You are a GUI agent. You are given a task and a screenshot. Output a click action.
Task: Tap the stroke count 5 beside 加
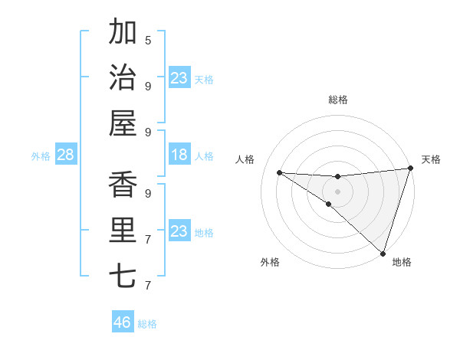coord(148,40)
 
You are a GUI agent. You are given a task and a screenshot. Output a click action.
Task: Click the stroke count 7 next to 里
coord(148,240)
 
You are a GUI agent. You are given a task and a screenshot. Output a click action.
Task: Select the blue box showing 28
coord(66,155)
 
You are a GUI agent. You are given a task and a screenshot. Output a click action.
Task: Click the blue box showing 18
coord(179,155)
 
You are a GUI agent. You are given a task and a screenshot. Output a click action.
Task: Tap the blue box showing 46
coord(123,322)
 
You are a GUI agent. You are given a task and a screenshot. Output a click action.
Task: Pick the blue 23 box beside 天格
coord(179,78)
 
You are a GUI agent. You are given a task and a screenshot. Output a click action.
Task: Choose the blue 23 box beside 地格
coord(179,231)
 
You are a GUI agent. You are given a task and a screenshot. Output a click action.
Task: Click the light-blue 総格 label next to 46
coord(147,324)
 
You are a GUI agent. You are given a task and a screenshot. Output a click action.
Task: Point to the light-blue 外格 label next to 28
coord(41,156)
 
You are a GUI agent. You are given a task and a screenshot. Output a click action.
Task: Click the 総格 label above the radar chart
coord(337,100)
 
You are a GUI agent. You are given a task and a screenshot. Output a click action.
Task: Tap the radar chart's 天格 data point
coord(410,169)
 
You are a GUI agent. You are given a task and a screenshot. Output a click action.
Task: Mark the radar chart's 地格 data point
coord(383,253)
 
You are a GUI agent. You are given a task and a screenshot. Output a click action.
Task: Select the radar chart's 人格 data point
coord(279,172)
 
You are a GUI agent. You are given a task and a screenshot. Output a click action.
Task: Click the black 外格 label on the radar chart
coord(270,262)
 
